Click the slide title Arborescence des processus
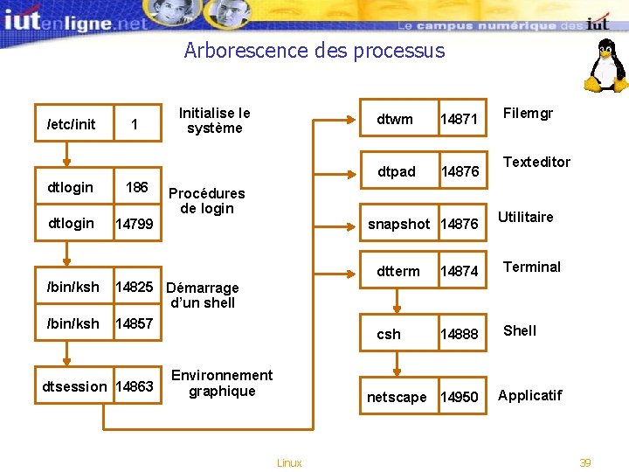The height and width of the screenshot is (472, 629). click(x=314, y=51)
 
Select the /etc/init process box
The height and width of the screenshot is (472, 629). click(x=72, y=124)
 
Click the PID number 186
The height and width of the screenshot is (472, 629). click(x=136, y=187)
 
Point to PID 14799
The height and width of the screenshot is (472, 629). click(x=135, y=225)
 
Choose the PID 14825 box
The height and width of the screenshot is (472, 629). click(x=135, y=287)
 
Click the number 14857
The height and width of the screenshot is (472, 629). click(x=135, y=324)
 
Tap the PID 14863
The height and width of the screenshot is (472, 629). click(x=135, y=386)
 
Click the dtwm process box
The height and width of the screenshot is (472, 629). click(x=395, y=119)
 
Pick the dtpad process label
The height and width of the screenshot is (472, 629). click(x=397, y=171)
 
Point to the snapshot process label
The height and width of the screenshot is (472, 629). click(x=398, y=224)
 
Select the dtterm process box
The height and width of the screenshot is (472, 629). click(x=397, y=271)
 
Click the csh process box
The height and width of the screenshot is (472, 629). click(x=389, y=334)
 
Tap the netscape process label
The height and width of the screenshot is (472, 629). click(x=397, y=397)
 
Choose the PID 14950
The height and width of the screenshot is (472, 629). click(x=460, y=398)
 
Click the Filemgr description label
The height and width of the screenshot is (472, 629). click(x=528, y=113)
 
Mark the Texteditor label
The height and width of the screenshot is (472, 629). click(x=536, y=162)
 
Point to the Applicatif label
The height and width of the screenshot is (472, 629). click(x=529, y=395)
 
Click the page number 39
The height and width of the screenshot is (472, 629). click(x=585, y=462)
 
